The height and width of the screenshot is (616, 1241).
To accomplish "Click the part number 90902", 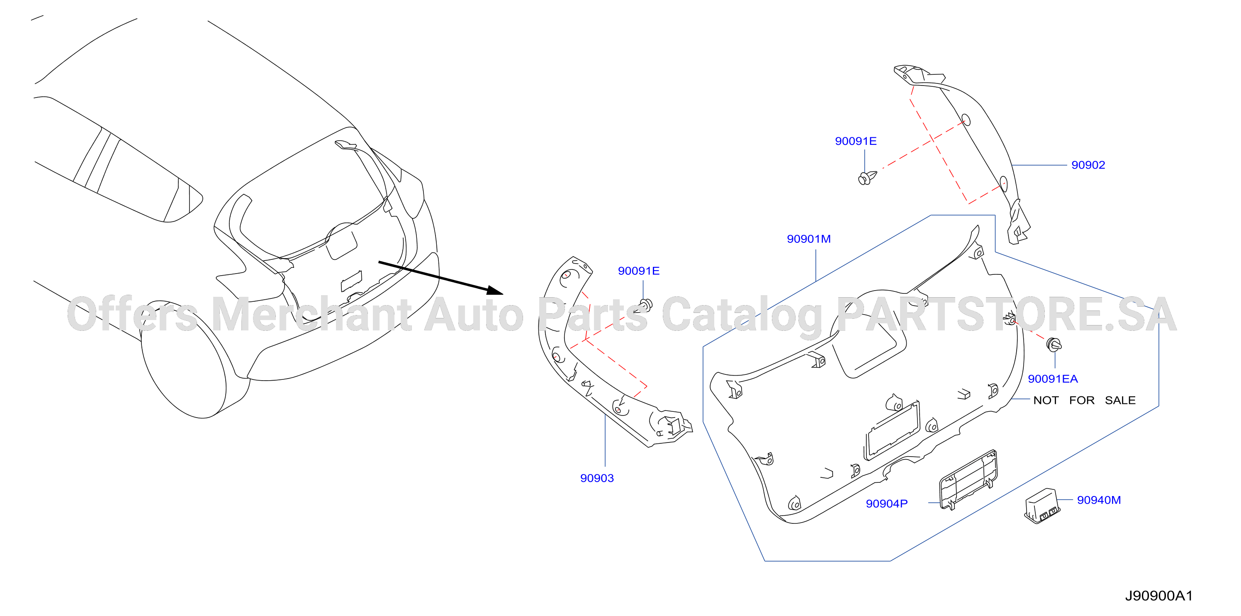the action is (1088, 165).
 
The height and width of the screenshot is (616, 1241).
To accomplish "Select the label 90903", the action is (597, 478).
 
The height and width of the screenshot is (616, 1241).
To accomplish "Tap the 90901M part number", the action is (809, 239).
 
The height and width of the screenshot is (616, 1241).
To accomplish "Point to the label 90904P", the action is (886, 504).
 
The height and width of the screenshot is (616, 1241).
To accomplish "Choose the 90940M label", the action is (1099, 500).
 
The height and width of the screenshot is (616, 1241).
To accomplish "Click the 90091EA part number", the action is (1053, 379).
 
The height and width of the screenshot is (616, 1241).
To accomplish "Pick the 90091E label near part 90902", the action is (856, 141).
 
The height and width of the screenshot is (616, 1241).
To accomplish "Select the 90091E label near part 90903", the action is (639, 271).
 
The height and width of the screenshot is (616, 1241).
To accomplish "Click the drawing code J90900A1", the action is (1158, 596).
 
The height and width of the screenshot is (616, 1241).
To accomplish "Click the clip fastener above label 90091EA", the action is (1055, 344).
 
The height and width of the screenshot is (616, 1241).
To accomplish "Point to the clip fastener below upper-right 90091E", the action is (867, 177).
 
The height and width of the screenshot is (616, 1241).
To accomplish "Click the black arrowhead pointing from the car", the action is (495, 290).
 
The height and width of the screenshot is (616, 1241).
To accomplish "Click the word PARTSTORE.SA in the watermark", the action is (1007, 314).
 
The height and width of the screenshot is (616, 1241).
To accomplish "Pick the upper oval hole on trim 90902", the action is (966, 120).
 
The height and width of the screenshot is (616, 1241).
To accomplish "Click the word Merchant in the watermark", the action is (311, 314).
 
